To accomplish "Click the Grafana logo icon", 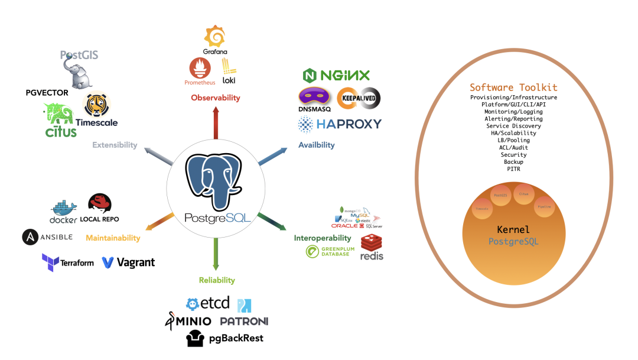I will point(215,37).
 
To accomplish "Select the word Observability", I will point(215,98).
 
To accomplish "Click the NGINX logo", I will point(336,75).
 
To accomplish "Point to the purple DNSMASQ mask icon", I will point(315,96).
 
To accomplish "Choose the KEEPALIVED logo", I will point(359,98).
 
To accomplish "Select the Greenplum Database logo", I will point(328,251).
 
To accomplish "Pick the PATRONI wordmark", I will point(244,321).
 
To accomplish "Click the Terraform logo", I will point(68,262).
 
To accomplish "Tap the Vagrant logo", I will point(128,262).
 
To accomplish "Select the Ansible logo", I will point(47,237).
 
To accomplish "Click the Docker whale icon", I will point(64,209).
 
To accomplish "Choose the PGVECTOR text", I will point(47,93).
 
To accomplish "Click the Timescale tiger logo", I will point(94,105).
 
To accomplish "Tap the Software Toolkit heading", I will point(513,87).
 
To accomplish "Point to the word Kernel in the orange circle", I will point(513,229).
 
